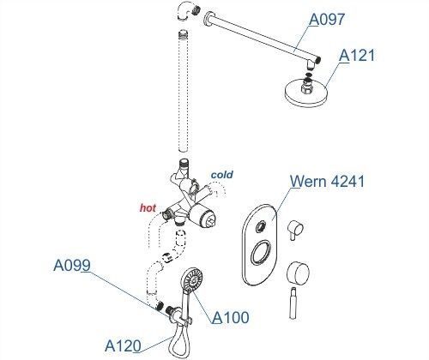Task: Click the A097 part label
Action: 327,20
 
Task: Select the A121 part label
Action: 357,56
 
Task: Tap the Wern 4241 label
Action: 327,181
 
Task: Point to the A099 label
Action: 72,266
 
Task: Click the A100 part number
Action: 231,317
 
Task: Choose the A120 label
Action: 123,346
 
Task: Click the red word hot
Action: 148,208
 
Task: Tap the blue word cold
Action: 222,175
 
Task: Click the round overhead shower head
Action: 306,92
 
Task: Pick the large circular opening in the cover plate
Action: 261,253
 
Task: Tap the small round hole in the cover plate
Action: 261,227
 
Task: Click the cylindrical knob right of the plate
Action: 299,273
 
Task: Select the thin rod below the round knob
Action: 293,303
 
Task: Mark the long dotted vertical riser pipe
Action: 183,92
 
